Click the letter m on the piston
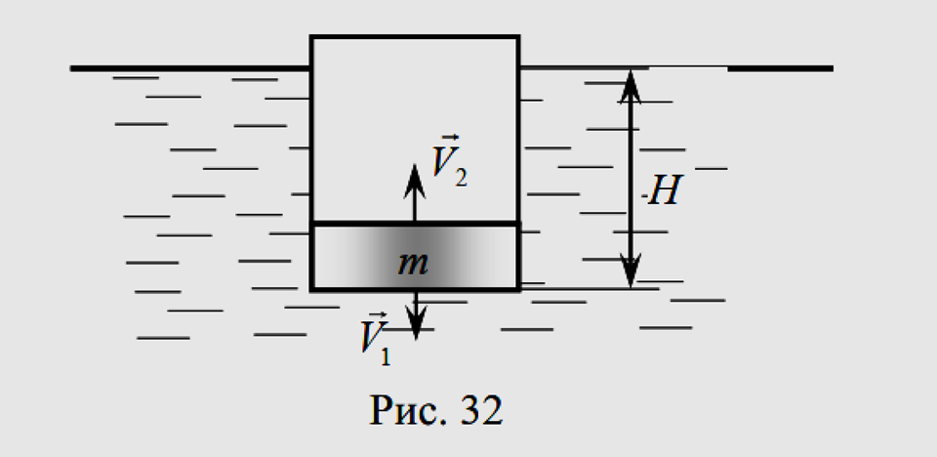point(413,264)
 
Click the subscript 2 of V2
point(461,178)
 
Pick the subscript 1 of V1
point(386,356)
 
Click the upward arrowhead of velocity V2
point(414,180)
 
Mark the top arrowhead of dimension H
point(630,86)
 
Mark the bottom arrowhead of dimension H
point(631,270)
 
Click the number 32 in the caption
point(481,411)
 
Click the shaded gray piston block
point(415,257)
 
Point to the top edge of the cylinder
point(415,37)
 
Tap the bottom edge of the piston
point(415,289)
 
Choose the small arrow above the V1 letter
point(380,315)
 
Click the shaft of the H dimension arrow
point(631,179)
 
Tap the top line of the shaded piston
point(415,224)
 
